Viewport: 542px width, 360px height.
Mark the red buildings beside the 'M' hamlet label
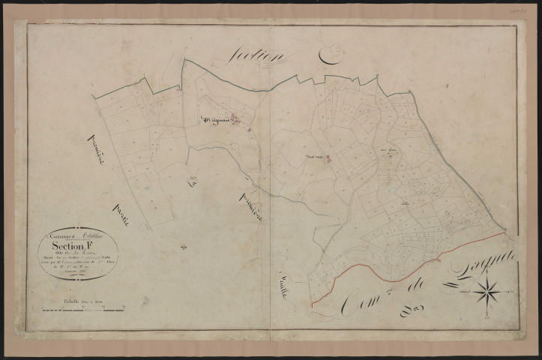point(233,118)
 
